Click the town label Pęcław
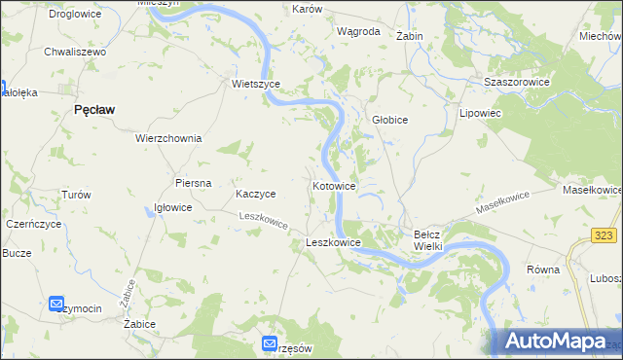tap(94, 111)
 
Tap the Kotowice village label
tap(334, 185)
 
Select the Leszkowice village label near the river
tap(334, 242)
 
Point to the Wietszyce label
tap(256, 84)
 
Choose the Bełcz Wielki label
tap(428, 240)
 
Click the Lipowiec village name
tap(479, 113)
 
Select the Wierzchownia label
tap(168, 138)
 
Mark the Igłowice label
tap(174, 207)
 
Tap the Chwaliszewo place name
tap(74, 52)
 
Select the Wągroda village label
tap(357, 31)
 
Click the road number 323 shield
tap(605, 236)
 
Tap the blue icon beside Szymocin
tap(56, 305)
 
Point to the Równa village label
tap(542, 270)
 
